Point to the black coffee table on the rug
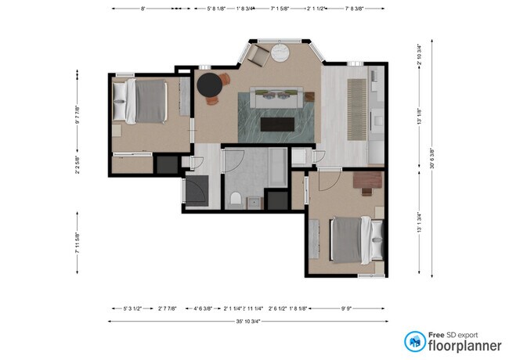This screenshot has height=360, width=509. pos(277,123)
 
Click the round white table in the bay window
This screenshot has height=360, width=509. pos(280,53)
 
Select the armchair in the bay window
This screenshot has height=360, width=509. pos(259,55)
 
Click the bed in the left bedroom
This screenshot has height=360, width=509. pos(145,100)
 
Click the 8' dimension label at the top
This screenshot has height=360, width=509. pos(143,9)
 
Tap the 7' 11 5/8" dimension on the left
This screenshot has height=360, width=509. pos(78,242)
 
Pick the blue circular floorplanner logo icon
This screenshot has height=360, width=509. pos(414,341)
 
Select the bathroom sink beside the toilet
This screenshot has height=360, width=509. pos(253,203)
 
